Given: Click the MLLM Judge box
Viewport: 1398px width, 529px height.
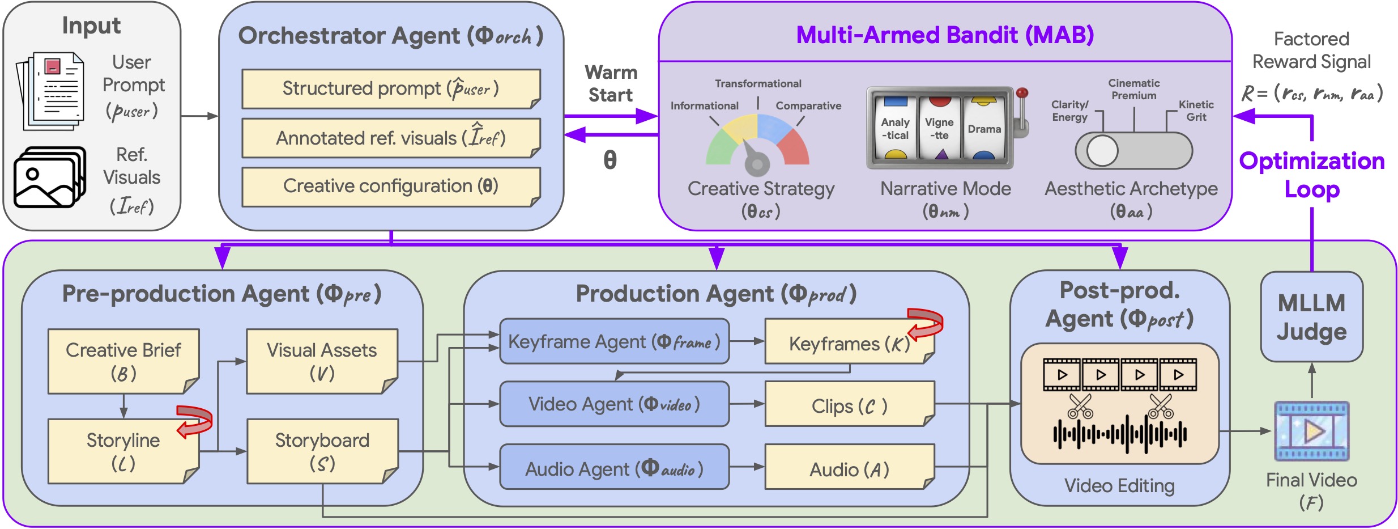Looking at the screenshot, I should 1311,316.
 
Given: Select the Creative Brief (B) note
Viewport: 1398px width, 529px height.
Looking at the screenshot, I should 123,361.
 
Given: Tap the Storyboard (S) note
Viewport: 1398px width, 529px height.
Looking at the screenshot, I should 322,451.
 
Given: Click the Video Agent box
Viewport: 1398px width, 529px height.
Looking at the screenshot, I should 614,404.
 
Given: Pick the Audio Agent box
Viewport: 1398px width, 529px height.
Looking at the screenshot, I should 614,468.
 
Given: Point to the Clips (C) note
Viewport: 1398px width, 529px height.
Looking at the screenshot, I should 849,406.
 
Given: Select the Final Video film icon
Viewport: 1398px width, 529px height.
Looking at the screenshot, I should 1311,431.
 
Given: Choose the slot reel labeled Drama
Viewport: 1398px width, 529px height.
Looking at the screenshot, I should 983,129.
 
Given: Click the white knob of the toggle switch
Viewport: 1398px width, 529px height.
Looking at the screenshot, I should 1102,151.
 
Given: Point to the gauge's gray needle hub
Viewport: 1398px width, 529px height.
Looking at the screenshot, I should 757,164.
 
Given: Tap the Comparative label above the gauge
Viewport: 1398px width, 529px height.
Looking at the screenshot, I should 808,105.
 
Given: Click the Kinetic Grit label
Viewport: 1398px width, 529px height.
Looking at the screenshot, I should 1196,111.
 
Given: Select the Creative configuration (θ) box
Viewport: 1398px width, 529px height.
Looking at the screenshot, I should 391,186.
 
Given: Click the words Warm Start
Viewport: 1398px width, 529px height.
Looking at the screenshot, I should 611,83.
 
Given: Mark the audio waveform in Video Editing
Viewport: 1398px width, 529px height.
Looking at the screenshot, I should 1119,434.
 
